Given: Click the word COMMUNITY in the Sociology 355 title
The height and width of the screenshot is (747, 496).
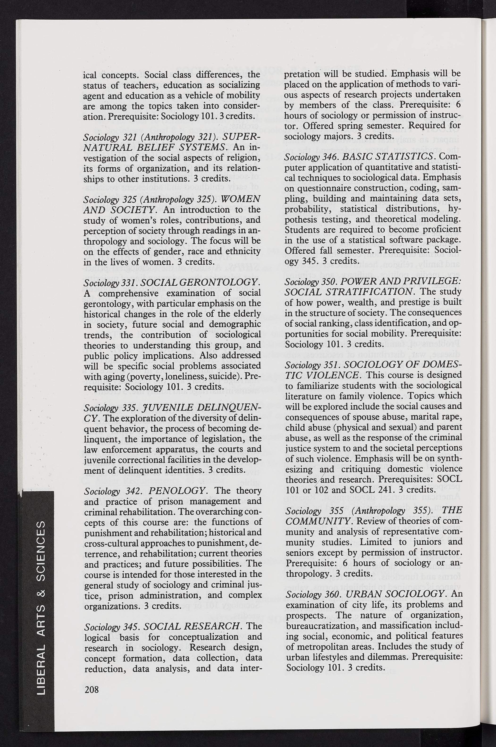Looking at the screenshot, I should [x=318, y=521].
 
